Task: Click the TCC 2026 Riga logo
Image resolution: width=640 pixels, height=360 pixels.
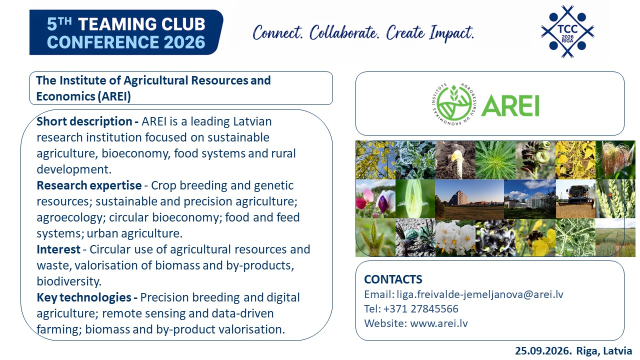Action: (x=567, y=31)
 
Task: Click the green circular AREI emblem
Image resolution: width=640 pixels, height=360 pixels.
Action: (x=454, y=104)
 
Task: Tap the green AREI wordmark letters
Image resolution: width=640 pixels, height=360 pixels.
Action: (x=510, y=105)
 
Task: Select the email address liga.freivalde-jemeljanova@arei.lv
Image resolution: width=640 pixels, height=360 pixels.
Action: (x=480, y=294)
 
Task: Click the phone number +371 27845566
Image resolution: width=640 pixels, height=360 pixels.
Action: (x=421, y=309)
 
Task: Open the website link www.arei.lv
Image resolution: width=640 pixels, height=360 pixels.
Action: (x=439, y=323)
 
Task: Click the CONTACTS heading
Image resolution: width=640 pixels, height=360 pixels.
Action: (x=393, y=279)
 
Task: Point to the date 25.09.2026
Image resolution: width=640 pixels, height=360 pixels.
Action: (x=543, y=351)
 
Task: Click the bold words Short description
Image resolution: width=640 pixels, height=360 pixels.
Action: (x=84, y=121)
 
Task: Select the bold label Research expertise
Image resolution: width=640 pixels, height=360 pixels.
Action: (x=89, y=185)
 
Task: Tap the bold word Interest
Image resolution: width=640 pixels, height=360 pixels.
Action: (x=58, y=249)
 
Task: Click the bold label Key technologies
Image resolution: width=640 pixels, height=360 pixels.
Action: (x=84, y=297)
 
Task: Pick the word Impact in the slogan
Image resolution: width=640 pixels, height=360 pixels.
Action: (x=451, y=33)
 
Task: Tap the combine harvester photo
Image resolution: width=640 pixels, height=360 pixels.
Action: (x=575, y=199)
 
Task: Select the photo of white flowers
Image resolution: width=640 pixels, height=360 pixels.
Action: (x=455, y=237)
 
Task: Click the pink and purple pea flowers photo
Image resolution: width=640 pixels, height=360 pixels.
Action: (x=375, y=199)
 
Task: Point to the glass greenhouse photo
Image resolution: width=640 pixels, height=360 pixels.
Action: (x=530, y=199)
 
